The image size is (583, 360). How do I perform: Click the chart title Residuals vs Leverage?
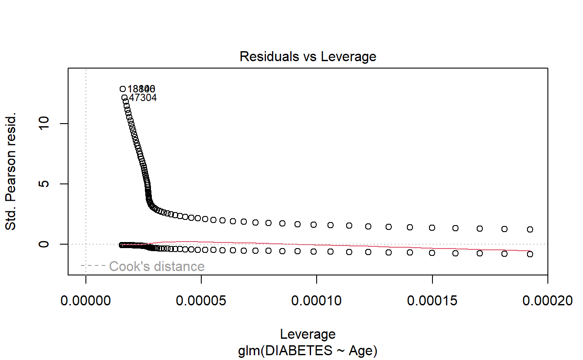[308, 56]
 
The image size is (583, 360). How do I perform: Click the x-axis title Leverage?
[308, 334]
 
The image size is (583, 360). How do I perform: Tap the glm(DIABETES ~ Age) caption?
[308, 350]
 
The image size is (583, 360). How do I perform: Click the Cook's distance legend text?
[157, 266]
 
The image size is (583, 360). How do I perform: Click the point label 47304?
[143, 98]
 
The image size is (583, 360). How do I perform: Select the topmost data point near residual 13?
[123, 89]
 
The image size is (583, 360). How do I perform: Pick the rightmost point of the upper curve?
[530, 229]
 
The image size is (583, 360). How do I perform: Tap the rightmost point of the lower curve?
[530, 254]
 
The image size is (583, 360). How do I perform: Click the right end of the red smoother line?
[530, 251]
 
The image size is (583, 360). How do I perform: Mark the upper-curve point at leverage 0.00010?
[314, 225]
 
